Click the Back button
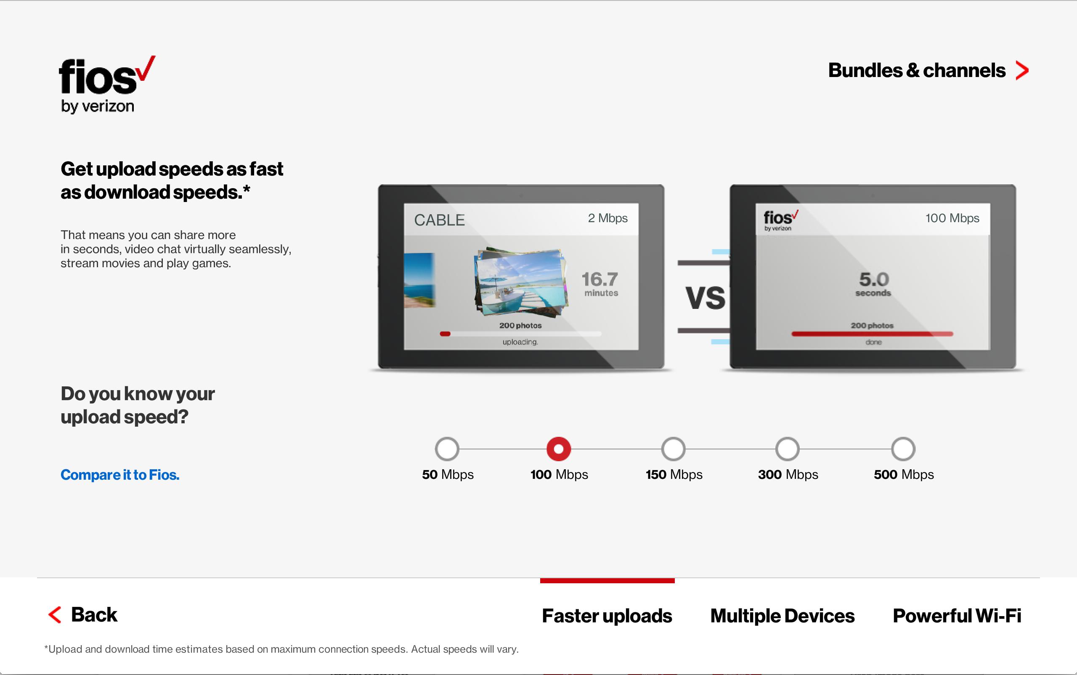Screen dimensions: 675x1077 click(83, 615)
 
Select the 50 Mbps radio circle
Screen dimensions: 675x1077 click(447, 449)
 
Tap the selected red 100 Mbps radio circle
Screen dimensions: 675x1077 click(558, 449)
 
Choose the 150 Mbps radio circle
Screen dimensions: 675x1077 click(673, 449)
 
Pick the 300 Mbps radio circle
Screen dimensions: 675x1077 click(787, 449)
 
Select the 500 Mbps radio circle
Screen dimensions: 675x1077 click(903, 449)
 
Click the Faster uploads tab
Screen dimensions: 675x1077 click(607, 616)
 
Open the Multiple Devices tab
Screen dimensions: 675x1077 click(782, 616)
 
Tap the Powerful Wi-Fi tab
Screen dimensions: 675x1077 click(957, 616)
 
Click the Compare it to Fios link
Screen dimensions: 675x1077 click(119, 475)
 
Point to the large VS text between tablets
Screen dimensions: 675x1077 click(705, 298)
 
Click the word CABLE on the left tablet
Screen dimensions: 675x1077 click(439, 220)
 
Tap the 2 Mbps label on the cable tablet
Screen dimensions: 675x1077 click(607, 218)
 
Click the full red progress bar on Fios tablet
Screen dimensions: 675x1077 click(872, 333)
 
